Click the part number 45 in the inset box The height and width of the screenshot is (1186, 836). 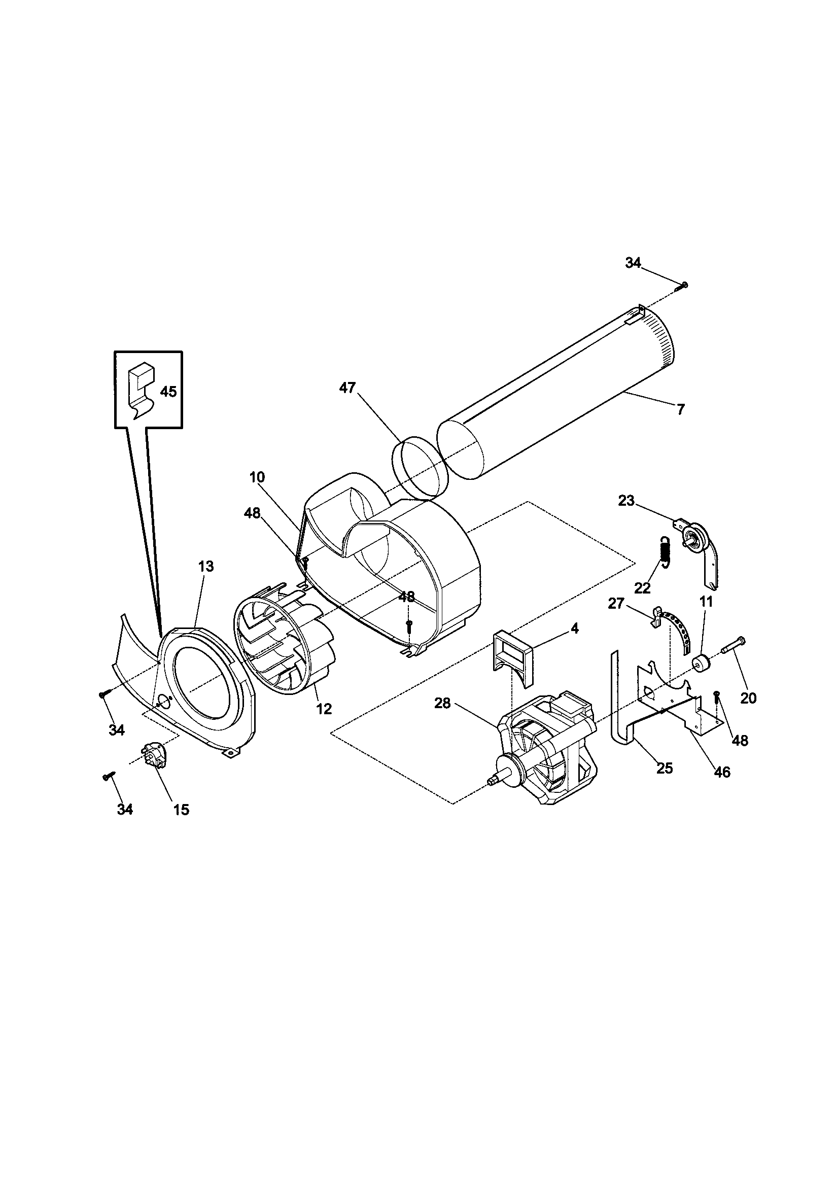168,392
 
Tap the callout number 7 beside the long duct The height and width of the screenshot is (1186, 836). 680,410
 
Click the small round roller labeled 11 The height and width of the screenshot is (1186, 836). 701,662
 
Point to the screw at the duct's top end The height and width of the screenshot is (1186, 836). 685,284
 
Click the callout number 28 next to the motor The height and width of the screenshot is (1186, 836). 442,703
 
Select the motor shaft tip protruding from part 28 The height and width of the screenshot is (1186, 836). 492,784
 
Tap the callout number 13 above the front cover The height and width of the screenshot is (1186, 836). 205,566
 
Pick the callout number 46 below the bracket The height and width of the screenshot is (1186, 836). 722,772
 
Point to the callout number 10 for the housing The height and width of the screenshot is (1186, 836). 257,477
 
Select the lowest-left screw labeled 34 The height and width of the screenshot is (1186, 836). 109,776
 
